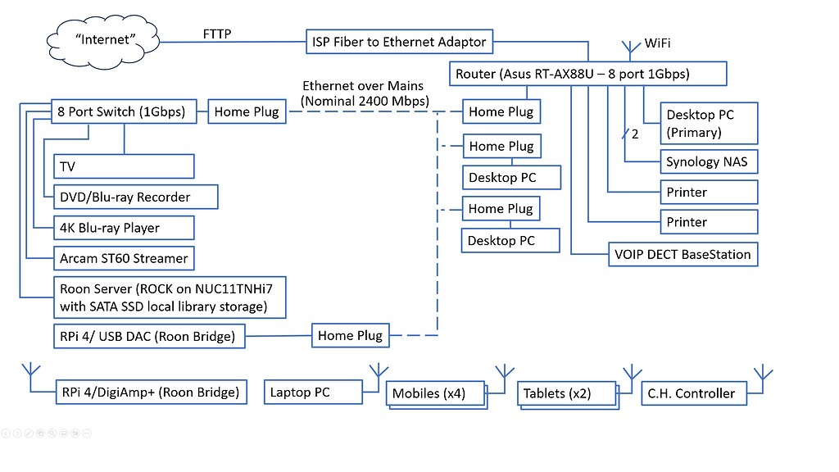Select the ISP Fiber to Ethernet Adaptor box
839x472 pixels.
(x=399, y=41)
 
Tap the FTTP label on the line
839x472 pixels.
(x=217, y=34)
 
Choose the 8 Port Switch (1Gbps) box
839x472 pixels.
(x=122, y=111)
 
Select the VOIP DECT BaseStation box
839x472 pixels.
(x=682, y=254)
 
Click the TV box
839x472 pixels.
(x=123, y=166)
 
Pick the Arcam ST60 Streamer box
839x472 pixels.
(x=124, y=258)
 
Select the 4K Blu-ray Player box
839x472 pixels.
(x=123, y=228)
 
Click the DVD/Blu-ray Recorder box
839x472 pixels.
(x=135, y=197)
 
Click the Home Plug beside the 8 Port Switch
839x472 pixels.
(x=246, y=111)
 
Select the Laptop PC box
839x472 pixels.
(x=313, y=393)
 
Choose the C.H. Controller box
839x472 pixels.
(x=693, y=393)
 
